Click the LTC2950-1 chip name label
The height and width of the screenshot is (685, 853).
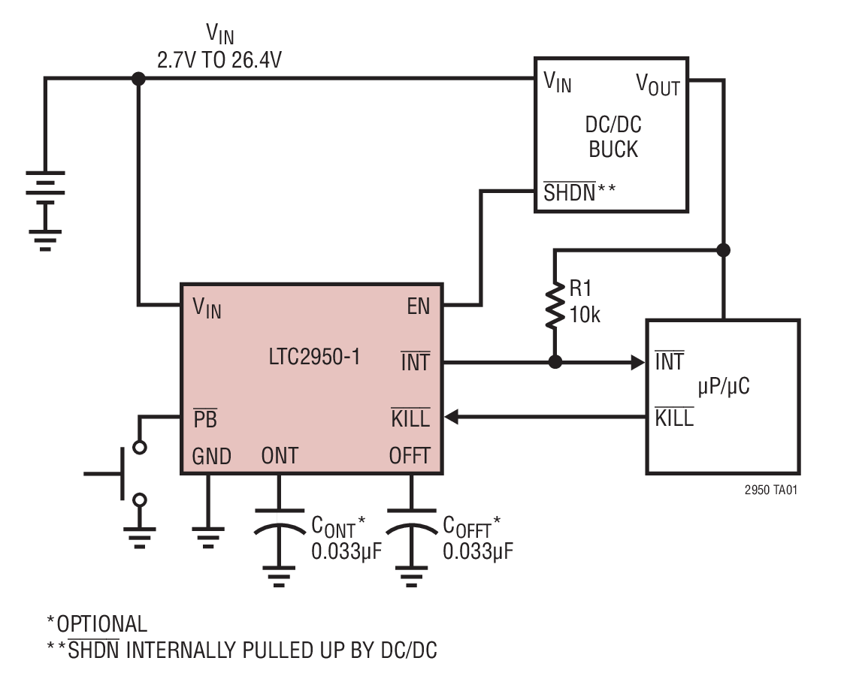(314, 357)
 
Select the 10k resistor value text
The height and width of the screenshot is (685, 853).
(585, 315)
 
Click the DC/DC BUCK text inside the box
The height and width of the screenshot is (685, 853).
(613, 137)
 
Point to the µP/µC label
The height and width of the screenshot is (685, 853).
(724, 387)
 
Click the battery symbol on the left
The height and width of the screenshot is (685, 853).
(45, 192)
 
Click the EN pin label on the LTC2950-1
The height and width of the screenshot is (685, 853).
(419, 306)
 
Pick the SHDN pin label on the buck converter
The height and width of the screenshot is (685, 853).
(569, 193)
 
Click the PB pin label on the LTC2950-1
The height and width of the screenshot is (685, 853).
(205, 419)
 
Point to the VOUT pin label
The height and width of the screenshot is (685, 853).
(658, 83)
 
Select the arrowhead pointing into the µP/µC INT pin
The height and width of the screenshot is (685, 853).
(639, 362)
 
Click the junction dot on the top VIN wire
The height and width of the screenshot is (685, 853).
(138, 78)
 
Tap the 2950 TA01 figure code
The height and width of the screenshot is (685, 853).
(770, 489)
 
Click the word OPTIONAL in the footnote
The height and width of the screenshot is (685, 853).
(102, 623)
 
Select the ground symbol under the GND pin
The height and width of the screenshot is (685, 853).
(207, 535)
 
